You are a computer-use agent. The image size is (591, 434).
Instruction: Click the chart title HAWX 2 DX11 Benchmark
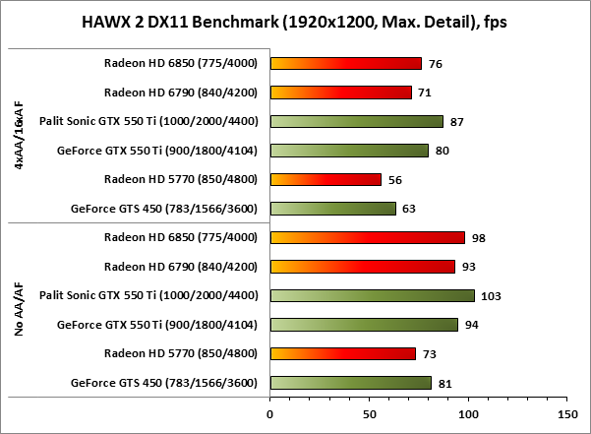coord(295,22)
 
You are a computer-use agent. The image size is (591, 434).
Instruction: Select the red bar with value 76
coord(345,64)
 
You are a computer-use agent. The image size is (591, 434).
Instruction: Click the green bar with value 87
coord(356,121)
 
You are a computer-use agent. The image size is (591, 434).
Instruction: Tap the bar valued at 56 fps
coord(325,179)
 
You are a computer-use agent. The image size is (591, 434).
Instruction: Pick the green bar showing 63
coord(332,209)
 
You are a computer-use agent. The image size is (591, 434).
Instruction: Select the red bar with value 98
coord(367,237)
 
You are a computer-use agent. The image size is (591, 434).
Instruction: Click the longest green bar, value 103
coord(372,295)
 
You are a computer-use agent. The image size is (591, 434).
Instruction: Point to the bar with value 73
coord(342,353)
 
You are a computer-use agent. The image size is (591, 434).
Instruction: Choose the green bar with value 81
coord(350,382)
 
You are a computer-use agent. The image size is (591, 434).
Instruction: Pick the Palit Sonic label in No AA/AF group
coord(148,295)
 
